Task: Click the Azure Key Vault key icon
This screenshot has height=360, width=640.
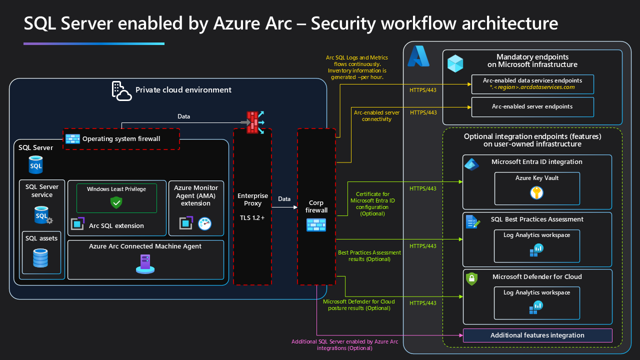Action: point(536,192)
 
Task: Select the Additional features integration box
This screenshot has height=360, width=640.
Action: point(537,335)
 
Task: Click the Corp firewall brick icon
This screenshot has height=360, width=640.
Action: point(316,225)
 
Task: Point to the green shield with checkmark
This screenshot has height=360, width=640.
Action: point(116,202)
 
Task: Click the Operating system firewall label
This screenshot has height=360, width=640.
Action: point(121,138)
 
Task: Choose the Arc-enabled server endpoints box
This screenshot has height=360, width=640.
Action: point(532,106)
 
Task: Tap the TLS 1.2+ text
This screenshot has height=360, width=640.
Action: point(252,218)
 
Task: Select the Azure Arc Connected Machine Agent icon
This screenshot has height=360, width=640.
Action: point(145,263)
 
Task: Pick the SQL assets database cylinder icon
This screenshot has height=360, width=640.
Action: point(41,257)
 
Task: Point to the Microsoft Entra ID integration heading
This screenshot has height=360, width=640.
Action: point(536,162)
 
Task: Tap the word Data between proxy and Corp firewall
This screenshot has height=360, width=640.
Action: point(284,199)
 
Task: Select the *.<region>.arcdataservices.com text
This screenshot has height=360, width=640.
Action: point(532,87)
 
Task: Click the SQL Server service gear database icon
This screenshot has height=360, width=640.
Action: point(43,216)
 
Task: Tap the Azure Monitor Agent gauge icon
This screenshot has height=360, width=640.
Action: point(205,223)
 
